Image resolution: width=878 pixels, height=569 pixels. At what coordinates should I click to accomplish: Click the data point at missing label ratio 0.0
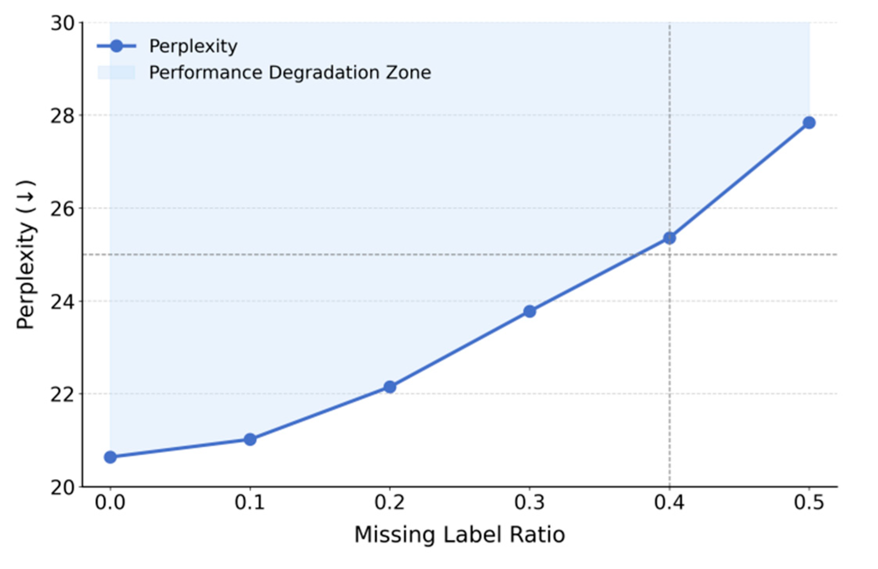[x=110, y=457]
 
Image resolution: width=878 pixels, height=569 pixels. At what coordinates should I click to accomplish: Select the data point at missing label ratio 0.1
[x=250, y=440]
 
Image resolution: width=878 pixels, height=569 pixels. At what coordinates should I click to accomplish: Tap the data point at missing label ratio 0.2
[x=389, y=387]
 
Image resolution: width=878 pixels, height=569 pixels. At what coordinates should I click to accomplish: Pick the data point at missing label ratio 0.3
[x=529, y=311]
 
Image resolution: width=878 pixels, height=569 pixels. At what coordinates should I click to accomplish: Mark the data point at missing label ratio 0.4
[x=669, y=238]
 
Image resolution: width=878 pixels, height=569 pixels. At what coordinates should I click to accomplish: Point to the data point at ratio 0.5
[x=809, y=123]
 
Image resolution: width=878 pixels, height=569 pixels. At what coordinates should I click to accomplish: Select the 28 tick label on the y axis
[x=62, y=116]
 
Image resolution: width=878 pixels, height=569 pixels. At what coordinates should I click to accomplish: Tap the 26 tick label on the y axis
[x=62, y=209]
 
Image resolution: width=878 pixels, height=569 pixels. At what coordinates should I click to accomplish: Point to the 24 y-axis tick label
[x=62, y=302]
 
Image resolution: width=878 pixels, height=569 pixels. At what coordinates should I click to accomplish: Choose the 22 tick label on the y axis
[x=62, y=395]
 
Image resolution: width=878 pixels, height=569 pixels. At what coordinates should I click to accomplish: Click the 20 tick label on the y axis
[x=62, y=488]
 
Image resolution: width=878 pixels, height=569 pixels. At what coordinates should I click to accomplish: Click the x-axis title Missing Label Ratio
[x=459, y=535]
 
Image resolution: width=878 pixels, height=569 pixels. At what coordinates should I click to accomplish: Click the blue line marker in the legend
[x=116, y=46]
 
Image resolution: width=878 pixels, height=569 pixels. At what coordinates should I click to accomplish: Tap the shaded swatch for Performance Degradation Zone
[x=116, y=72]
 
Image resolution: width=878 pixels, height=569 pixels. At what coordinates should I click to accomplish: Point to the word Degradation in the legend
[x=324, y=73]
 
